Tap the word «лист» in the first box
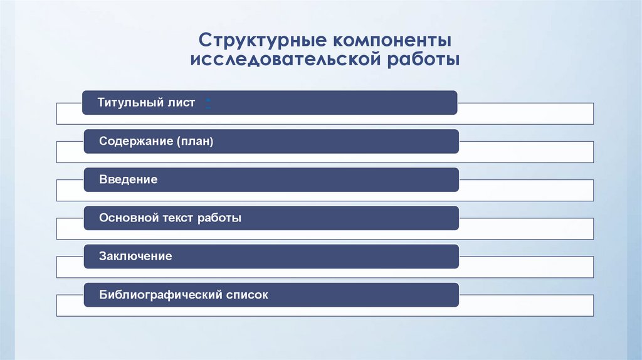(181, 103)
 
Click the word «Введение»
(128, 180)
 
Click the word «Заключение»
(135, 257)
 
